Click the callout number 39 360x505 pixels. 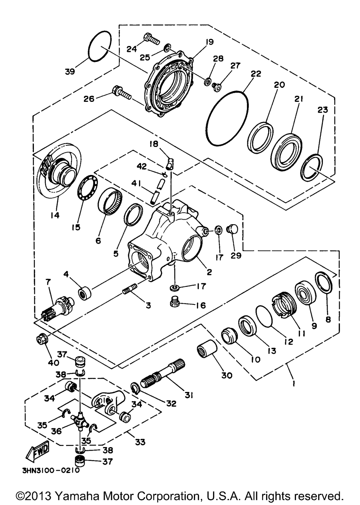point(71,71)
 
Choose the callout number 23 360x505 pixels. point(323,110)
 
